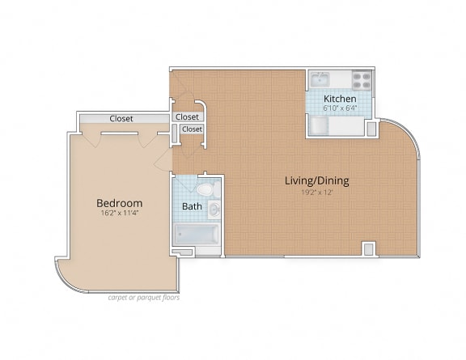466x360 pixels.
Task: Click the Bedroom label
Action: pyautogui.click(x=119, y=203)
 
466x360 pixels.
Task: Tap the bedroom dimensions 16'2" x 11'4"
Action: pyautogui.click(x=119, y=214)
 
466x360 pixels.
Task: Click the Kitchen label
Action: pyautogui.click(x=341, y=98)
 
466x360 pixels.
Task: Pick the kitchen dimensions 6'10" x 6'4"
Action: pyautogui.click(x=341, y=107)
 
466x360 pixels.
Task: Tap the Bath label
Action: pyautogui.click(x=192, y=206)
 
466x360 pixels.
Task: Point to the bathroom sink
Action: pyautogui.click(x=214, y=210)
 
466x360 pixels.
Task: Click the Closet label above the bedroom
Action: pyautogui.click(x=121, y=119)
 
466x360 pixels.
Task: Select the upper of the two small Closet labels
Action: pyautogui.click(x=187, y=117)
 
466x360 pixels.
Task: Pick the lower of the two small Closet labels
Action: pyautogui.click(x=192, y=129)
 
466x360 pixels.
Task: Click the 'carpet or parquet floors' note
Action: pyautogui.click(x=143, y=297)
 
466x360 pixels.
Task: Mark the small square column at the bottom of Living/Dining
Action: pyautogui.click(x=369, y=248)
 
